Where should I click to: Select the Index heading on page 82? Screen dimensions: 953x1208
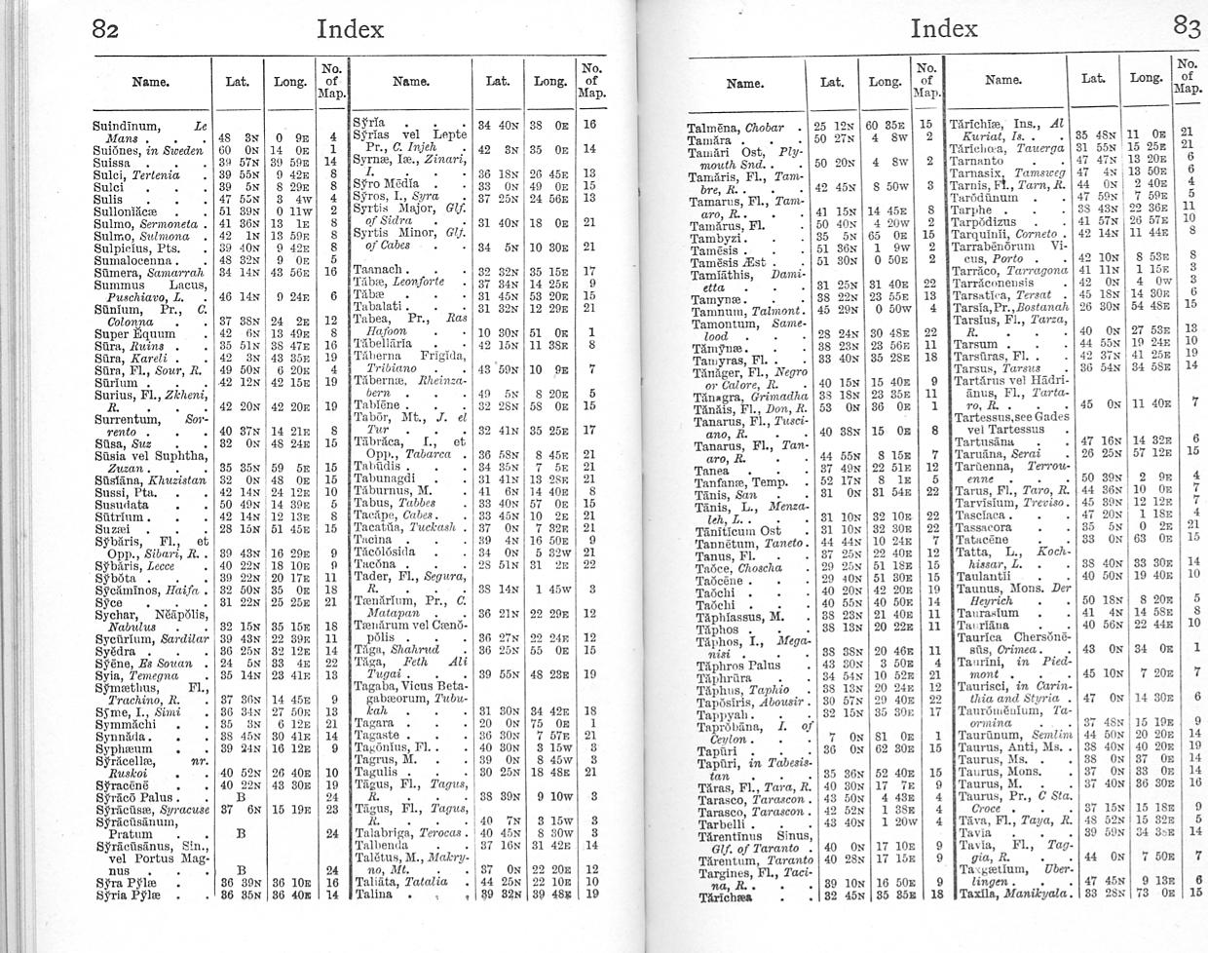[351, 28]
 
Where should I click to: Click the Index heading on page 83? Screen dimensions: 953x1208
[943, 28]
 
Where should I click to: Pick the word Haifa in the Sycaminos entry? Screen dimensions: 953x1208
[182, 591]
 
